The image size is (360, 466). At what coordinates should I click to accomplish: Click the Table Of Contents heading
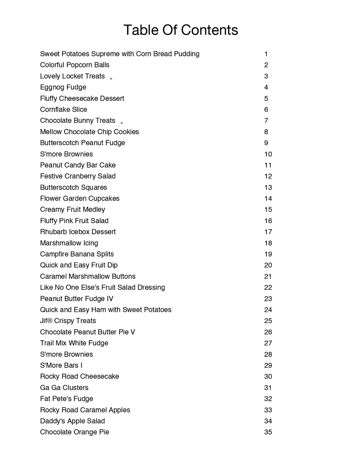pyautogui.click(x=181, y=30)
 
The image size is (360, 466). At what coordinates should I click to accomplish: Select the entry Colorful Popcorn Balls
pyautogui.click(x=75, y=65)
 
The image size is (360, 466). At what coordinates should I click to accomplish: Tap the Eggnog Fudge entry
pyautogui.click(x=63, y=87)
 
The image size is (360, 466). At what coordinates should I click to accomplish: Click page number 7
pyautogui.click(x=266, y=121)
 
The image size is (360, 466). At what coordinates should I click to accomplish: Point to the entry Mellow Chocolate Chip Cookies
pyautogui.click(x=90, y=132)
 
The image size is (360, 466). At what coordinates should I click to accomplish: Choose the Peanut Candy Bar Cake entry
pyautogui.click(x=78, y=165)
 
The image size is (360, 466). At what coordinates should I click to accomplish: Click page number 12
pyautogui.click(x=268, y=176)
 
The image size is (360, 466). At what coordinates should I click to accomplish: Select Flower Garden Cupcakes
pyautogui.click(x=80, y=198)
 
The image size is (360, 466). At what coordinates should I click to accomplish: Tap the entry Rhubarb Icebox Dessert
pyautogui.click(x=78, y=232)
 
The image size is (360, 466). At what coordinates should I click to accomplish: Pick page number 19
pyautogui.click(x=268, y=254)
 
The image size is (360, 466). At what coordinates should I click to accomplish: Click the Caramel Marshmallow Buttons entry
pyautogui.click(x=88, y=277)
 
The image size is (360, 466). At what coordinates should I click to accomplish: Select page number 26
pyautogui.click(x=268, y=332)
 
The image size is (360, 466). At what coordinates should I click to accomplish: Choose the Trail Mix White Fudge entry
pyautogui.click(x=74, y=343)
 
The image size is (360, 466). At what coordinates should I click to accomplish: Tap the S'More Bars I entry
pyautogui.click(x=61, y=365)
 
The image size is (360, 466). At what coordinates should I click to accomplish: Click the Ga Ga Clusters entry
pyautogui.click(x=64, y=388)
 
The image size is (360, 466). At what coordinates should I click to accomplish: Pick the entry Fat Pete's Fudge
pyautogui.click(x=67, y=399)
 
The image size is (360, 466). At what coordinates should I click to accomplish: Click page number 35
pyautogui.click(x=268, y=432)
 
